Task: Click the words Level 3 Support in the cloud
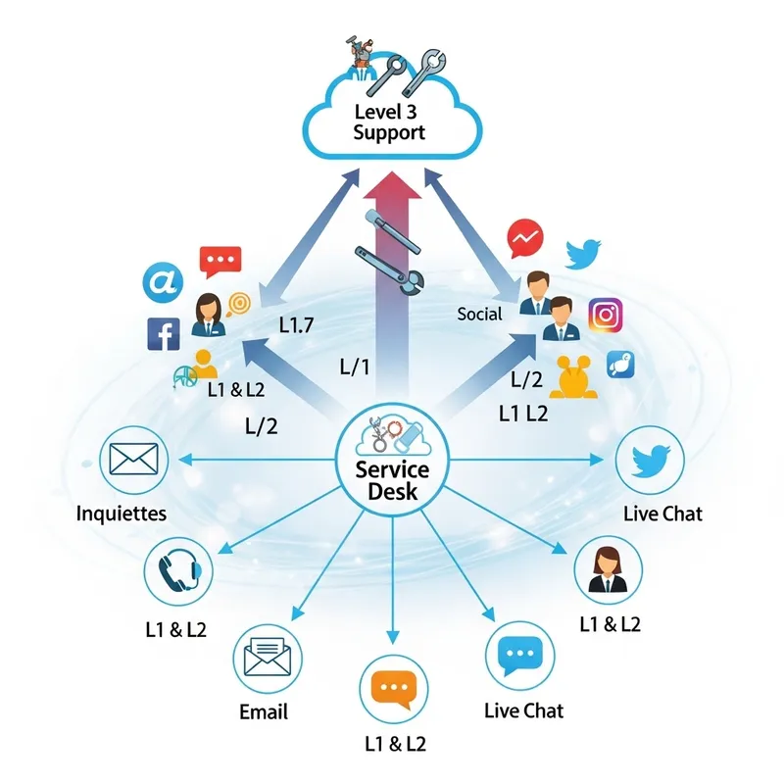[x=390, y=122]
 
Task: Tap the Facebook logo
[x=163, y=333]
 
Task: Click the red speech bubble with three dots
[x=220, y=262]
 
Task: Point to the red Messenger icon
[x=526, y=237]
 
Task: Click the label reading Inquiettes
[x=122, y=513]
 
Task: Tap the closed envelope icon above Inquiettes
[x=133, y=458]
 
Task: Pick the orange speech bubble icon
[x=395, y=691]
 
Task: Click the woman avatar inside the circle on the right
[x=608, y=571]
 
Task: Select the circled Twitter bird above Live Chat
[x=650, y=460]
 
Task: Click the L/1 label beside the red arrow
[x=354, y=368]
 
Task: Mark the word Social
[x=480, y=314]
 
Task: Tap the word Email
[x=264, y=711]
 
